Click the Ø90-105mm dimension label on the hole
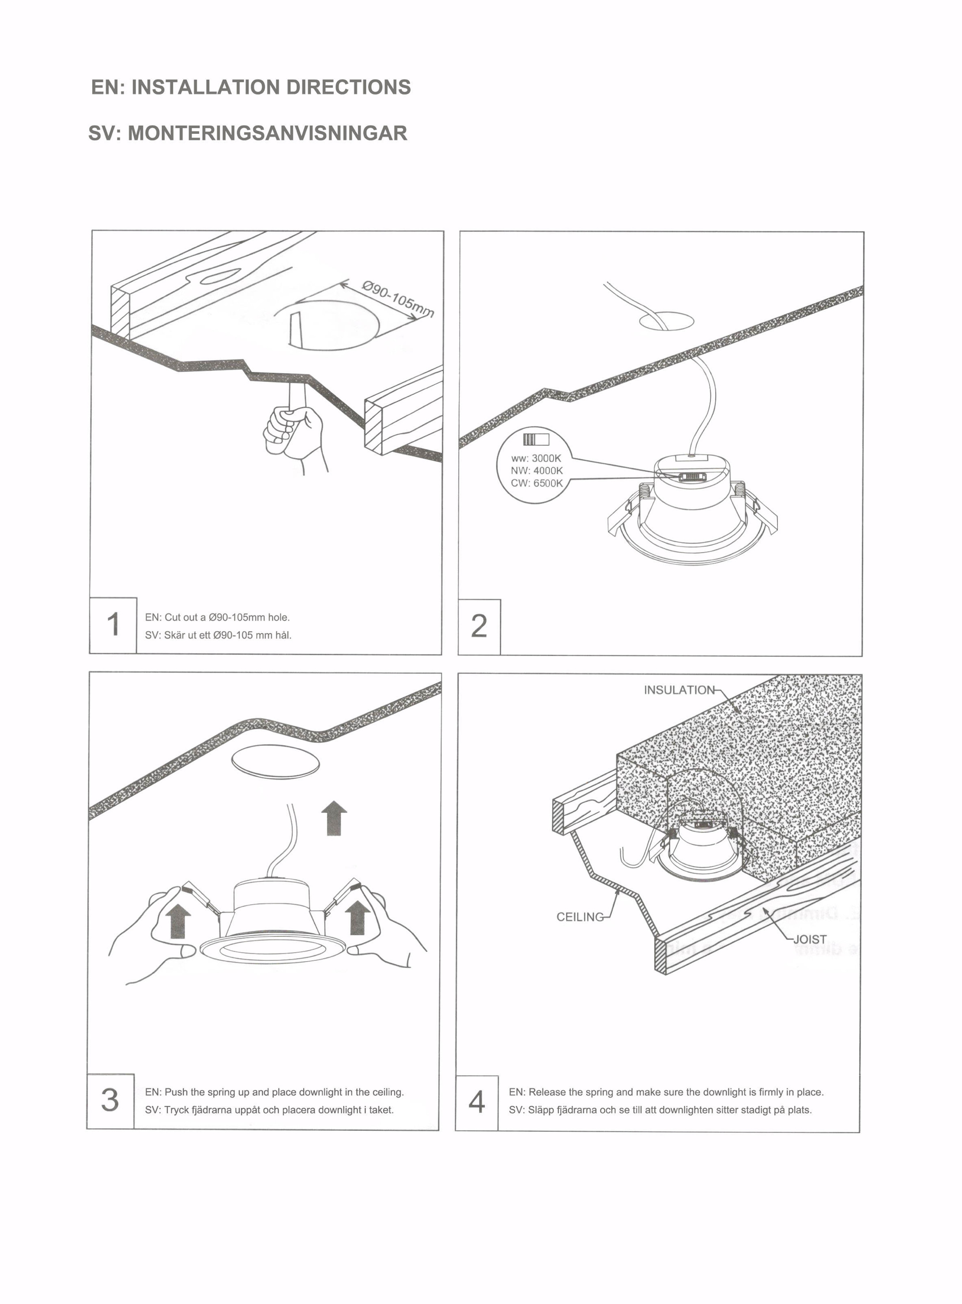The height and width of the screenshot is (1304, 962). [x=398, y=299]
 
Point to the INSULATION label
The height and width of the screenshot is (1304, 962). [x=679, y=690]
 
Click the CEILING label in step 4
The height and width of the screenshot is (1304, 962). [x=580, y=917]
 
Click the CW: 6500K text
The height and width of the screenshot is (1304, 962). [x=536, y=483]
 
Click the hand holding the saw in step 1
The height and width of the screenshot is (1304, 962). [x=293, y=432]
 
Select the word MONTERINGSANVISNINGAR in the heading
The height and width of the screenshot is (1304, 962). [x=267, y=133]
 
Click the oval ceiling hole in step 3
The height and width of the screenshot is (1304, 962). [x=275, y=761]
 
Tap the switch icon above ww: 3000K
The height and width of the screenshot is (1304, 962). [x=536, y=440]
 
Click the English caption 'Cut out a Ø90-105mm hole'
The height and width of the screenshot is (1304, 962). [x=217, y=617]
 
